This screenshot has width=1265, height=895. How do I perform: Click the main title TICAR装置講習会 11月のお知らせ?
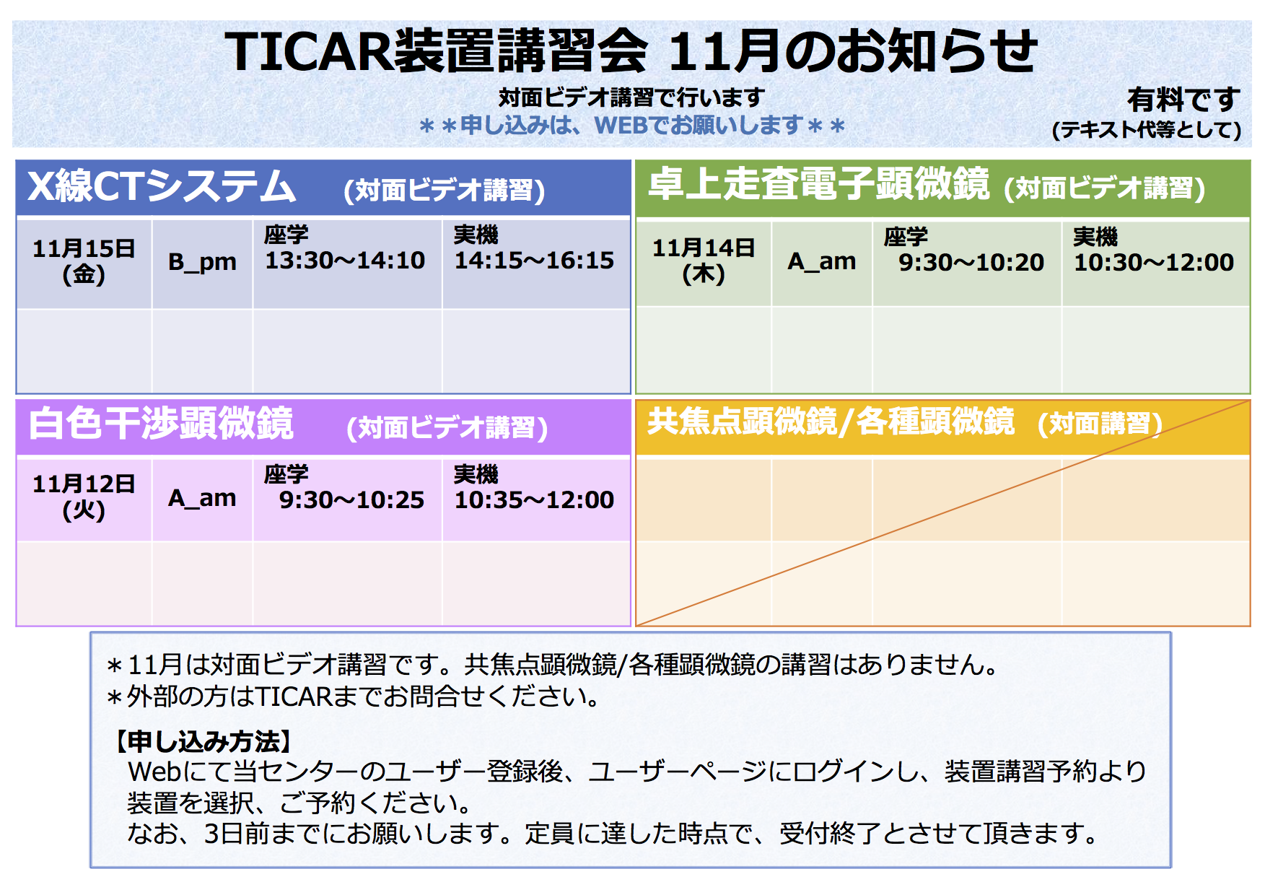(631, 52)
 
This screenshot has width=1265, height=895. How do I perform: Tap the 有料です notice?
(1183, 100)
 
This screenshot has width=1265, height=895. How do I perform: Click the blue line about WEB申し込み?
(631, 126)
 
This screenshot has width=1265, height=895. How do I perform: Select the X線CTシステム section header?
(162, 186)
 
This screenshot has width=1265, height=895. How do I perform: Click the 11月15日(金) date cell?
(84, 261)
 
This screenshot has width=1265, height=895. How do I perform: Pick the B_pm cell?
(202, 261)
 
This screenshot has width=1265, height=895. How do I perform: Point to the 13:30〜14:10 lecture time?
(345, 261)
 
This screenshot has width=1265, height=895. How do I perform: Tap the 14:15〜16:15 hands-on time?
(534, 261)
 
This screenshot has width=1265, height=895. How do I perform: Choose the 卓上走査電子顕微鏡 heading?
(819, 183)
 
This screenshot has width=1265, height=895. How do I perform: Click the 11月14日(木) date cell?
(704, 261)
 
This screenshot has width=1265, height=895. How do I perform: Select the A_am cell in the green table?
(822, 261)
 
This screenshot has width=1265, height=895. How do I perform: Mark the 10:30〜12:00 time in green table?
(1154, 263)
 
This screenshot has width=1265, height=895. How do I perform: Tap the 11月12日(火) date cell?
(84, 497)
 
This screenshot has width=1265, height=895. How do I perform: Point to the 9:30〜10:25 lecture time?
(351, 500)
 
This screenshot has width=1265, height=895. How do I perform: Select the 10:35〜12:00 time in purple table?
(534, 500)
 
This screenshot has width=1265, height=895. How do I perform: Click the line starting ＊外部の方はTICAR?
(354, 697)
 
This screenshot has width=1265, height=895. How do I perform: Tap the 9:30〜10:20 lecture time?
(971, 263)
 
